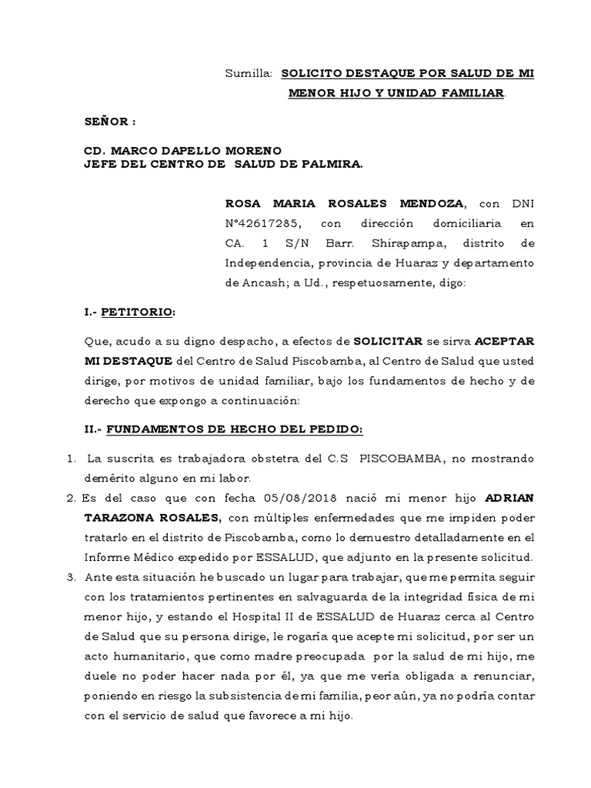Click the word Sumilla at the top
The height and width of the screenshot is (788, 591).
pyautogui.click(x=248, y=74)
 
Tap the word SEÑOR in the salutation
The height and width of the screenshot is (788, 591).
pyautogui.click(x=107, y=121)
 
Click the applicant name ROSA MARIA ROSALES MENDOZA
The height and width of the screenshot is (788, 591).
pyautogui.click(x=344, y=203)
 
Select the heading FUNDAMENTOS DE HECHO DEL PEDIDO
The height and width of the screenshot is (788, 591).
pyautogui.click(x=234, y=429)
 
